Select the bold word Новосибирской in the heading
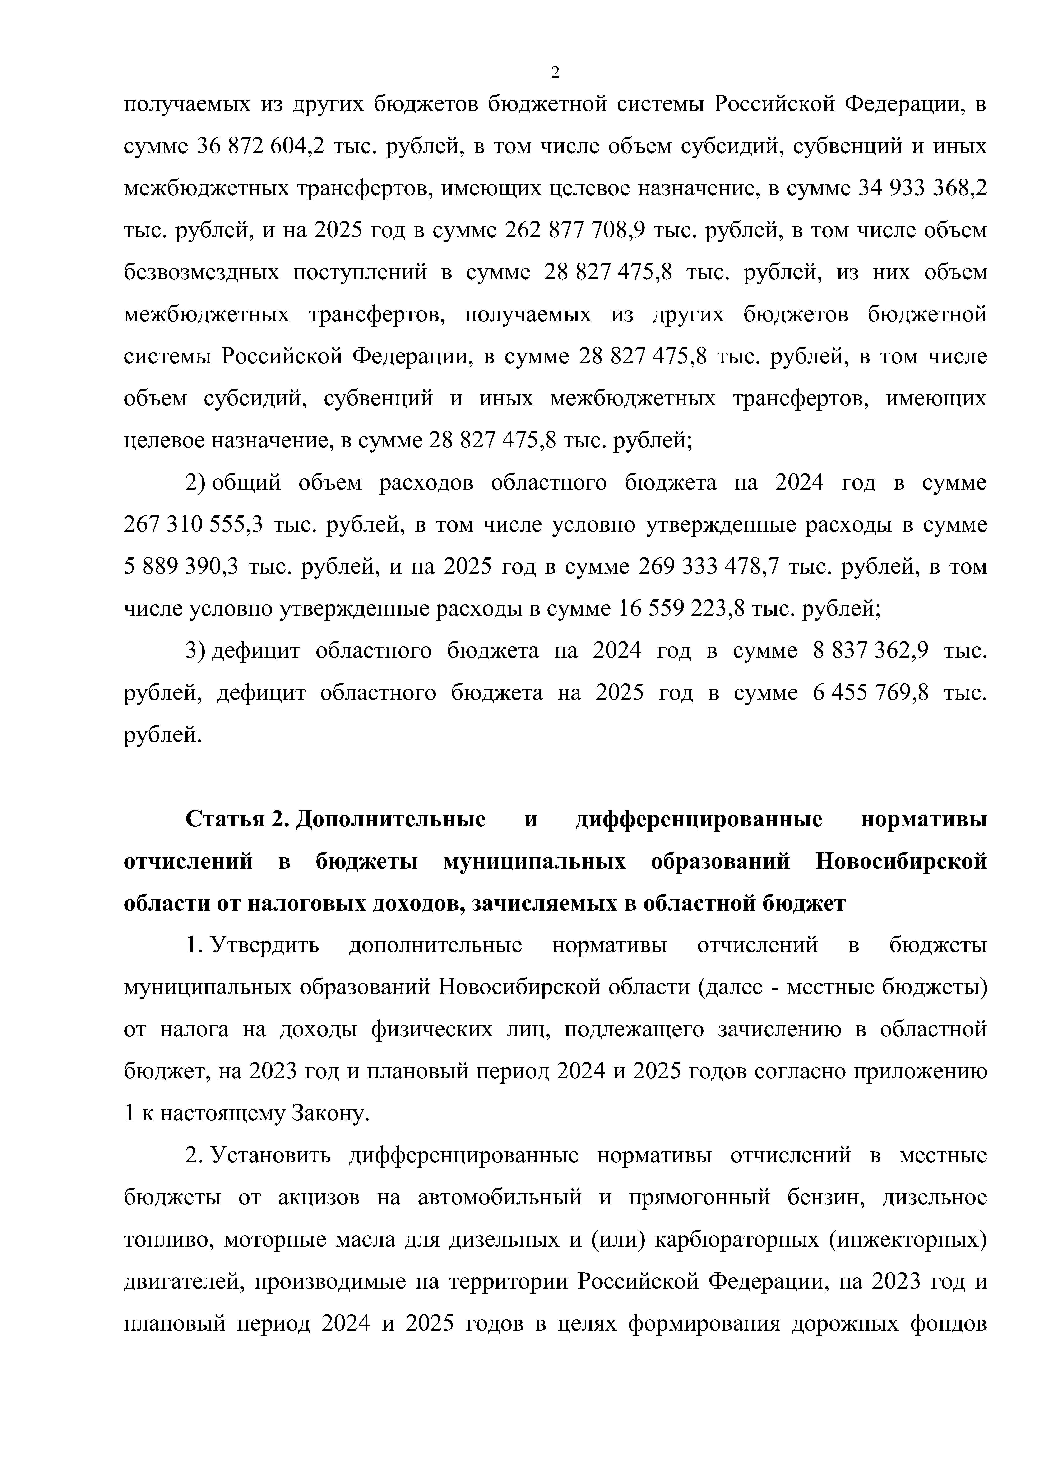tap(901, 861)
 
